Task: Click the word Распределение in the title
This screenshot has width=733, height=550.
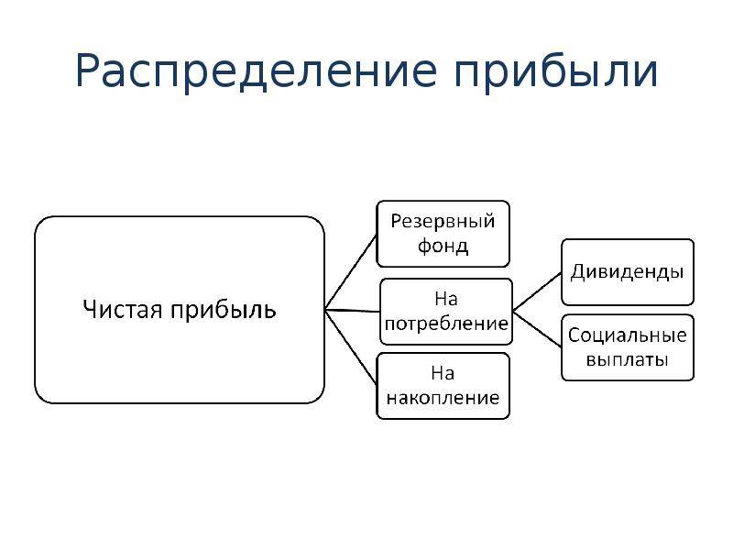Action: pyautogui.click(x=257, y=71)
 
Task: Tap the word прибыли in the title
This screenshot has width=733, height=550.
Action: pyautogui.click(x=556, y=71)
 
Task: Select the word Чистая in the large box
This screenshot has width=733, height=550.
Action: pyautogui.click(x=123, y=310)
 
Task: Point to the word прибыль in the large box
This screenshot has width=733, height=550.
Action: pyautogui.click(x=223, y=311)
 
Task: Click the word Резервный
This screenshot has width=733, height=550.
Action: pyautogui.click(x=443, y=222)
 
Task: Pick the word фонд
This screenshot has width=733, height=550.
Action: pyautogui.click(x=443, y=246)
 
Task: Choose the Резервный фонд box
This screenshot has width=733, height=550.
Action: pyautogui.click(x=443, y=234)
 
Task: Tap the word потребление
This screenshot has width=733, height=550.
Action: pyautogui.click(x=446, y=324)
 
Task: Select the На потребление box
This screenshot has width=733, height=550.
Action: pyautogui.click(x=446, y=312)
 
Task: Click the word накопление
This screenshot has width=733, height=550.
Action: pyautogui.click(x=443, y=398)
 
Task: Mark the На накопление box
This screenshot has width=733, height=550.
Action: pyautogui.click(x=443, y=386)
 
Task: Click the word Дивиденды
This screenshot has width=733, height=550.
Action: pyautogui.click(x=628, y=272)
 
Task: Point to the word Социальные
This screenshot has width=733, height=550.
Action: pyautogui.click(x=628, y=335)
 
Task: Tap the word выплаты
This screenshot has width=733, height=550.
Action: pyautogui.click(x=628, y=360)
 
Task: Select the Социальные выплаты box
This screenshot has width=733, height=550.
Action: pyautogui.click(x=628, y=347)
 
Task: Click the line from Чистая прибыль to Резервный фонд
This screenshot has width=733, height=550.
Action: pyautogui.click(x=351, y=272)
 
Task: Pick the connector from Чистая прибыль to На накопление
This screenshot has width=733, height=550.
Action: pyautogui.click(x=351, y=347)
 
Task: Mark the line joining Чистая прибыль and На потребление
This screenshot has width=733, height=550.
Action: pyautogui.click(x=353, y=311)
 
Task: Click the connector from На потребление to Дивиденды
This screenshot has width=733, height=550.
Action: pyautogui.click(x=537, y=291)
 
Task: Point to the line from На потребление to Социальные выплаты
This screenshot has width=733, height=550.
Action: pyautogui.click(x=537, y=330)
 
